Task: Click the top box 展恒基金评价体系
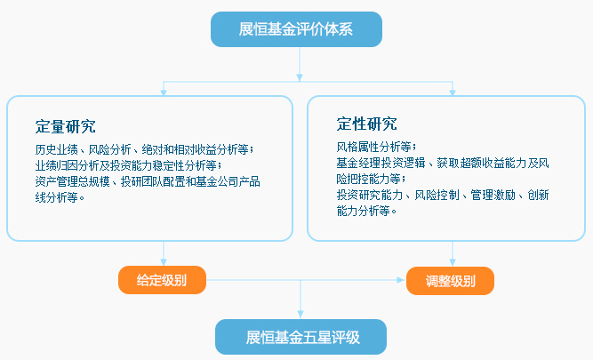coord(296,29)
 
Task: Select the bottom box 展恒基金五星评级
coord(301,337)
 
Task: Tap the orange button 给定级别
coord(162,280)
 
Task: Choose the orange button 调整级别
coord(450,281)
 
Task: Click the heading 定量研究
coord(66,127)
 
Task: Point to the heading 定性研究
coord(367,124)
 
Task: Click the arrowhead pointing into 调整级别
coord(400,280)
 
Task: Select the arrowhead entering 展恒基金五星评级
coord(301,315)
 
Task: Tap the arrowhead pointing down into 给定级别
coord(164,261)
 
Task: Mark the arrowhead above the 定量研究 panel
coord(164,92)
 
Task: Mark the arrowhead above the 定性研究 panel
coord(453,92)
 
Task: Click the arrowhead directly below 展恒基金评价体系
coord(300,77)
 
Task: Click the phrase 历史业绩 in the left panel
coord(56,149)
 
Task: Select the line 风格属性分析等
coord(376,147)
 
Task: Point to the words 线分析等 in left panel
coord(56,197)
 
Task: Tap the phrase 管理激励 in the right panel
coord(493,196)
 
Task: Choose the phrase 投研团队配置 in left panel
coord(152,181)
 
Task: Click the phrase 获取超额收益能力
coord(482,163)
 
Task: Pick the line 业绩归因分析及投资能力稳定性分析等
coord(126,165)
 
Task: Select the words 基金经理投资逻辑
coord(381,163)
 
